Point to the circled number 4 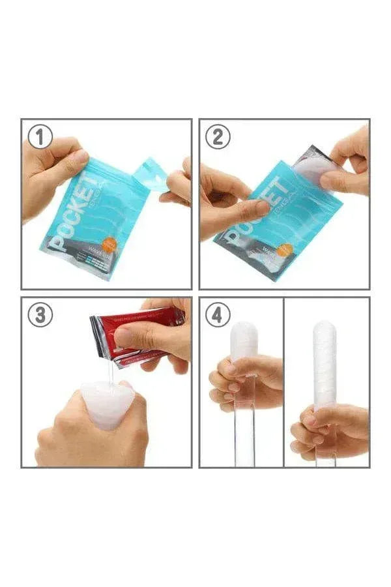(218, 315)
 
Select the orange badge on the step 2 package (285, 250)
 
